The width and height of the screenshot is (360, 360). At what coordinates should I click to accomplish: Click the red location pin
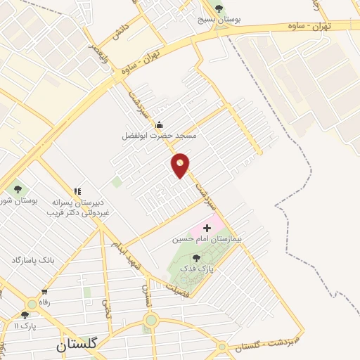181,165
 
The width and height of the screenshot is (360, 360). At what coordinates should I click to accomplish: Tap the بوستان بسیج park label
219,20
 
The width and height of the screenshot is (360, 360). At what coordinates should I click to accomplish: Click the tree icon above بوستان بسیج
219,8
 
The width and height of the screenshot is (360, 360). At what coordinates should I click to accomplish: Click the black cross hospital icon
206,229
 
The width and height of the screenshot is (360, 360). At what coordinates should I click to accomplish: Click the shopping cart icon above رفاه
45,292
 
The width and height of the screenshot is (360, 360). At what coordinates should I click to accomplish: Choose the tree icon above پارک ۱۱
25,315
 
